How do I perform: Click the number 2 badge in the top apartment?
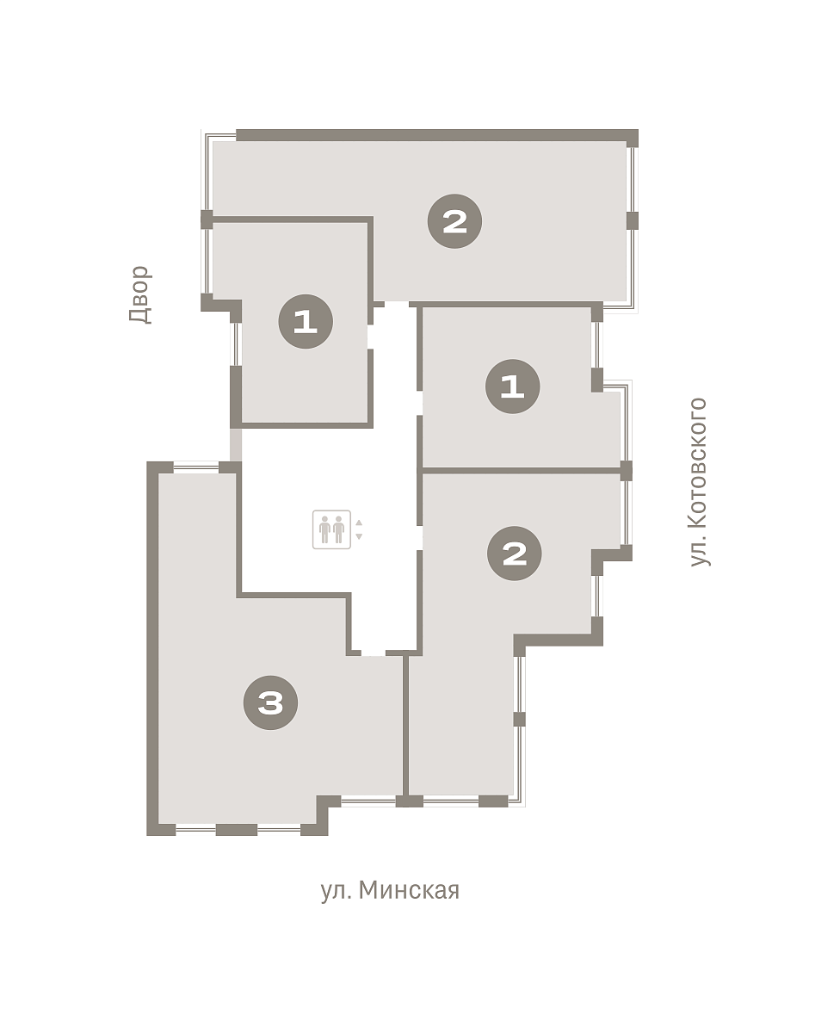454,221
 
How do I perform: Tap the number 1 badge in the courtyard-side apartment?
306,321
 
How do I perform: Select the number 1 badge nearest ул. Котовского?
512,386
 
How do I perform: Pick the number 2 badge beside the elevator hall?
514,554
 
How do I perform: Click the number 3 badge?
270,702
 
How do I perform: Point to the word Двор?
140,294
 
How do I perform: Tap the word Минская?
409,891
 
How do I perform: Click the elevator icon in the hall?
331,529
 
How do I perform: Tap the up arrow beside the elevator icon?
359,523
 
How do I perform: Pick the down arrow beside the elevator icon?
359,536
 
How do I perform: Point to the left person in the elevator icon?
324,529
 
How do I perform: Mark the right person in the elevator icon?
338,529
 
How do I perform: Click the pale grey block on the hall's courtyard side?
236,445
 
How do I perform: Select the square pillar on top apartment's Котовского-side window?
633,220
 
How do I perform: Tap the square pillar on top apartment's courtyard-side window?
207,220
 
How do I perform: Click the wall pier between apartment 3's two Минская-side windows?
236,830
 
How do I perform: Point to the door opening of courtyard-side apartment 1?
370,337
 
